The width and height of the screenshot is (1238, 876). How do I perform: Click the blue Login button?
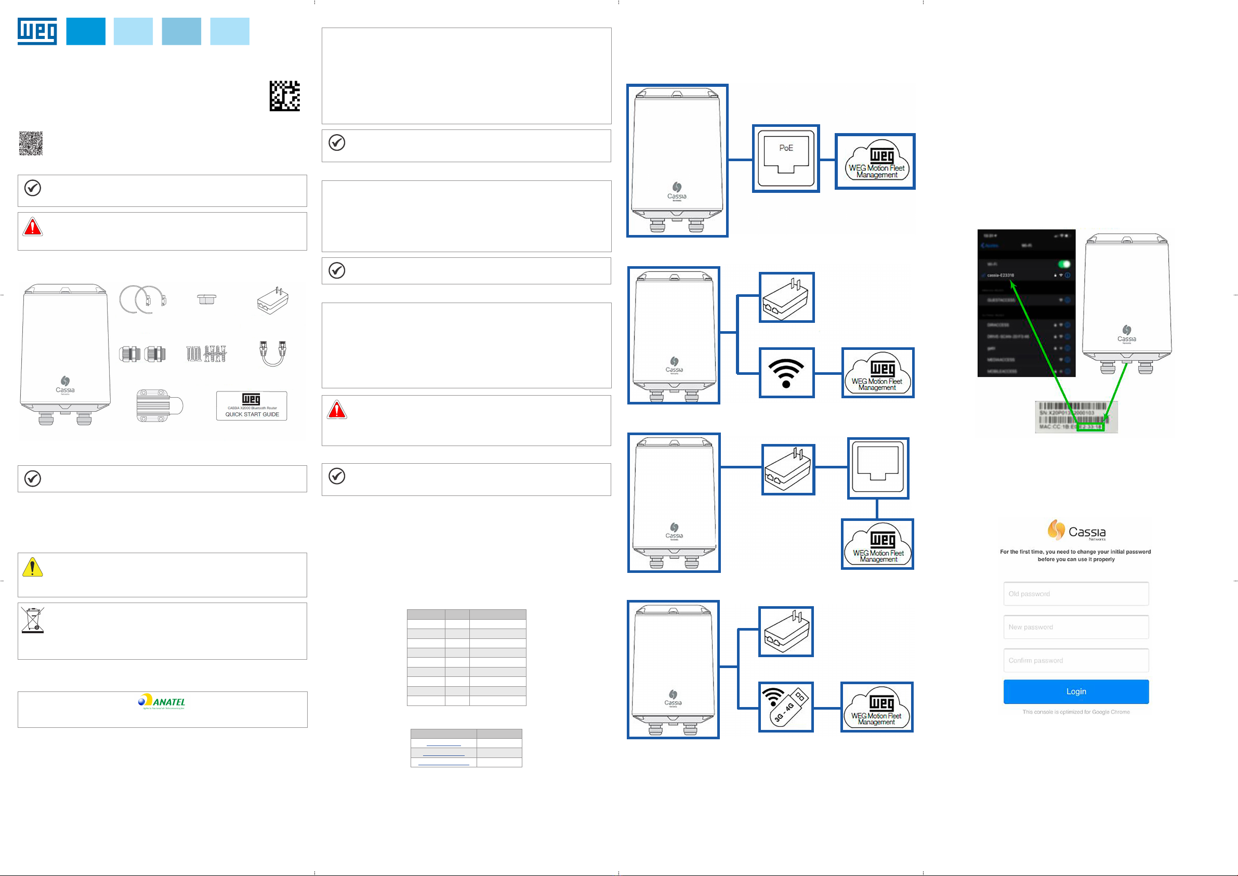(x=1076, y=691)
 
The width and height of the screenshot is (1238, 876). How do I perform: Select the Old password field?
(x=1076, y=593)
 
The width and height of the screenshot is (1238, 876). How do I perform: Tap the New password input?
(x=1076, y=627)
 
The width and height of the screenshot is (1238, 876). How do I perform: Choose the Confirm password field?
(x=1076, y=660)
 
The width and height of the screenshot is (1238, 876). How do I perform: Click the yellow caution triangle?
(x=32, y=568)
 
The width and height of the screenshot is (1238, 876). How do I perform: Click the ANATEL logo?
(x=162, y=701)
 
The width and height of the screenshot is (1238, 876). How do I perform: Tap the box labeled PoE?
(x=786, y=159)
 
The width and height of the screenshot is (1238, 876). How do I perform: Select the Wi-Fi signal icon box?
(x=786, y=373)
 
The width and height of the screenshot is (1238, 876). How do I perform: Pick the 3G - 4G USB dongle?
(x=786, y=707)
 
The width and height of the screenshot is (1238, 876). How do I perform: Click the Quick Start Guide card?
(x=252, y=406)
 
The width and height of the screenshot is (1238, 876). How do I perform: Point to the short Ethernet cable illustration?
(x=272, y=354)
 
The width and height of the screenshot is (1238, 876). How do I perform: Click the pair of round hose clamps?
(x=143, y=299)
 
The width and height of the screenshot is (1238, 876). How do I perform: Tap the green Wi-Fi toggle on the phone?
(x=1064, y=264)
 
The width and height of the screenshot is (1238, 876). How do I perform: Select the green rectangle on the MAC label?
(x=1090, y=427)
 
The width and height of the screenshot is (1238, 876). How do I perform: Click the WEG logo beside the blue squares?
(x=37, y=31)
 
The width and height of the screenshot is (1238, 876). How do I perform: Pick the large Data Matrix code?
(x=285, y=96)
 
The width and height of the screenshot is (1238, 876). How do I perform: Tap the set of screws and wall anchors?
(x=206, y=354)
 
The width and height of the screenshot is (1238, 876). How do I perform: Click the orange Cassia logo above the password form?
(x=1056, y=530)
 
